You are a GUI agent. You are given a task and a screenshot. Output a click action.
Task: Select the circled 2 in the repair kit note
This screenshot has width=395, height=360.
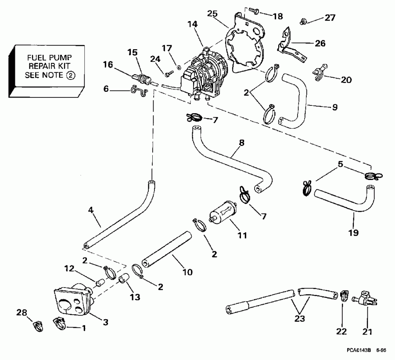pyautogui.click(x=71, y=75)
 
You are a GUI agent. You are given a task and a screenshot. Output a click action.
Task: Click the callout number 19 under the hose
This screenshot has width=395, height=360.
pyautogui.click(x=353, y=232)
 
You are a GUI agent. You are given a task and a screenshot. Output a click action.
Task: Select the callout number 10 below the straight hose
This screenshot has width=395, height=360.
pyautogui.click(x=187, y=272)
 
